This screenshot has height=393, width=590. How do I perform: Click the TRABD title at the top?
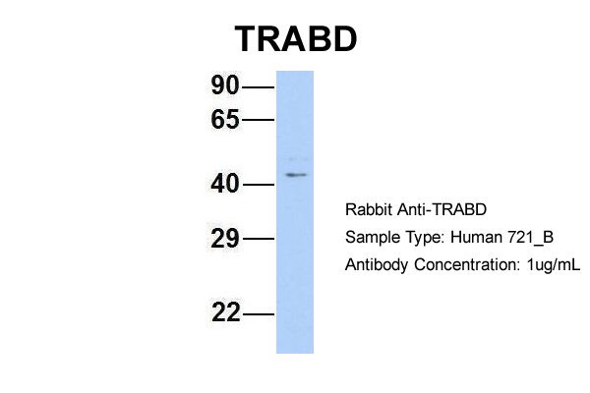(295, 38)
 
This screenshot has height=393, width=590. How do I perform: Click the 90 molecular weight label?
(225, 87)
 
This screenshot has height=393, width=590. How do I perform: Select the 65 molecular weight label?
(225, 120)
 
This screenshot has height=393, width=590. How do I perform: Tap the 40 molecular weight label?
(225, 184)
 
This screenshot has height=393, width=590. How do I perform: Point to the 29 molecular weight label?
(225, 239)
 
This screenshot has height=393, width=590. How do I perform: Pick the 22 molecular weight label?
(225, 314)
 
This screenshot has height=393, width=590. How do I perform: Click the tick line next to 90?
(258, 87)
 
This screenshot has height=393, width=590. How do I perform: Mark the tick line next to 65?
(258, 120)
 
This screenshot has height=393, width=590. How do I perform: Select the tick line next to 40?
(258, 184)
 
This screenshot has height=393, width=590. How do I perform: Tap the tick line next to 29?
(258, 239)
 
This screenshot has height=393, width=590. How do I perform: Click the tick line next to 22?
(258, 314)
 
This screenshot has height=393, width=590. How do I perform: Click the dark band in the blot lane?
(295, 175)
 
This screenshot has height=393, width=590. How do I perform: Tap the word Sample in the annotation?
(371, 239)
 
